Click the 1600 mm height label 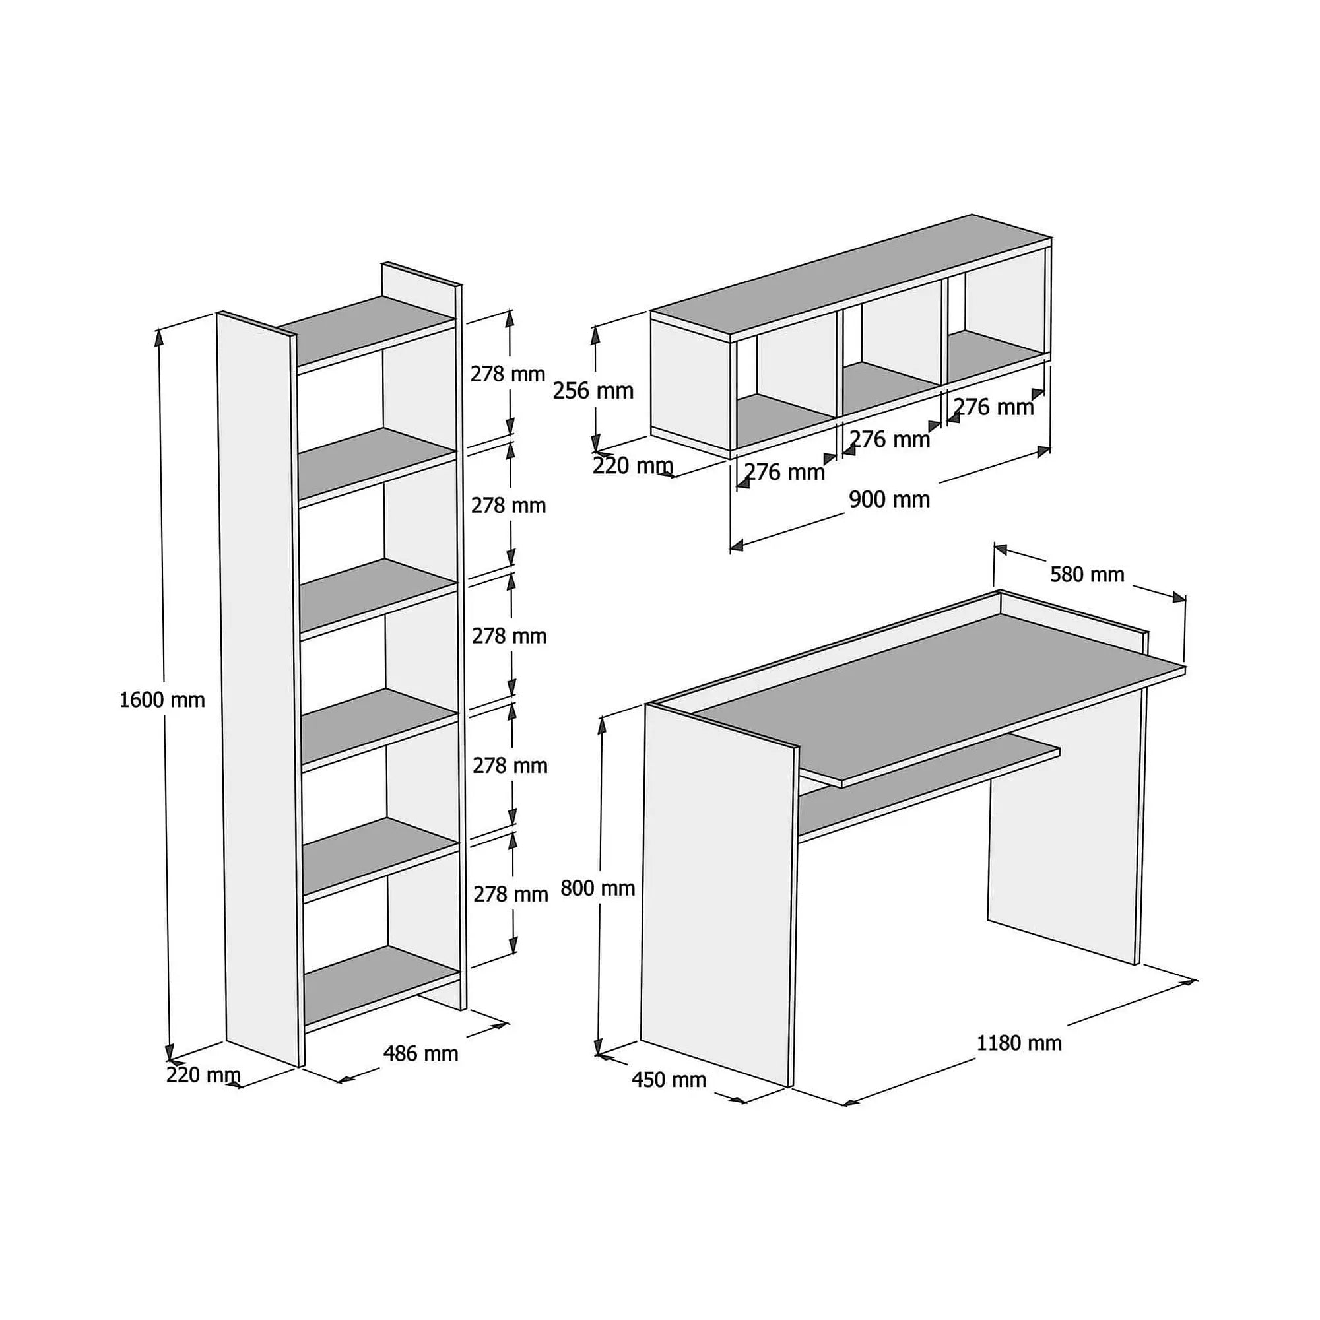coord(162,700)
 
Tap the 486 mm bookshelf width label coord(420,1053)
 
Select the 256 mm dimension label coord(593,391)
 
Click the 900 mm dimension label coord(889,500)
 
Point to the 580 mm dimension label coord(1087,575)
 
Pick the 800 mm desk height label coord(598,888)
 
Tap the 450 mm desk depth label coord(669,1080)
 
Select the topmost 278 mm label coord(508,374)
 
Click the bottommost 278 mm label coord(510,894)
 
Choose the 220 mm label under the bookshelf coord(203,1074)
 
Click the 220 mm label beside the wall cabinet coord(633,466)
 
